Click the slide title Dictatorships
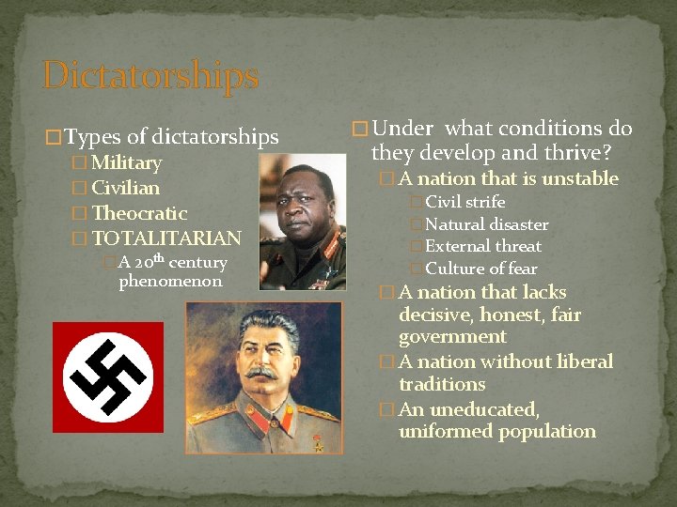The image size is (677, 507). [150, 76]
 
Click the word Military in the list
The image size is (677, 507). [127, 163]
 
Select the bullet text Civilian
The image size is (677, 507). [126, 189]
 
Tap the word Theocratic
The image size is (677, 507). [140, 214]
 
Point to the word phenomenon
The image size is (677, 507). [170, 282]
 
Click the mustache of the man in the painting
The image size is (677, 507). [260, 373]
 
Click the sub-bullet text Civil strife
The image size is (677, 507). [464, 203]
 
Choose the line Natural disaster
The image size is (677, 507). [486, 224]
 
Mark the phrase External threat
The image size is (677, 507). [483, 246]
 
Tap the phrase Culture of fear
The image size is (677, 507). [481, 269]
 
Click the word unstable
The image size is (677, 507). [579, 179]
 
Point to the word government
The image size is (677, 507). [452, 337]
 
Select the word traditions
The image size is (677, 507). [442, 385]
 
